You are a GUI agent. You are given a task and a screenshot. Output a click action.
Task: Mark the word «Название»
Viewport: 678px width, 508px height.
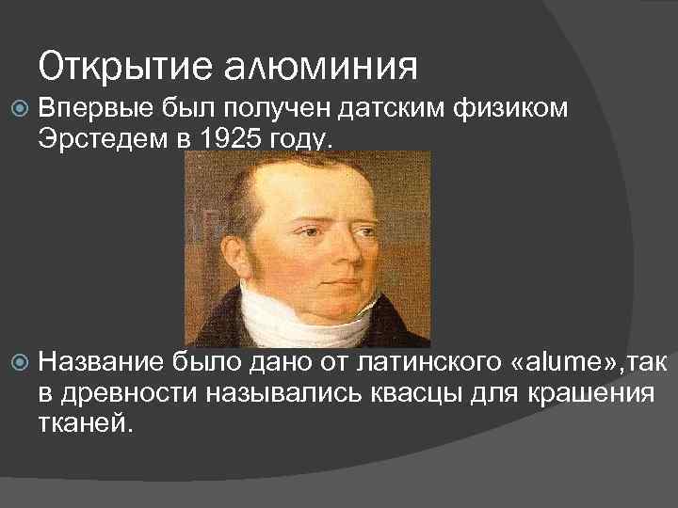tap(103, 358)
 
